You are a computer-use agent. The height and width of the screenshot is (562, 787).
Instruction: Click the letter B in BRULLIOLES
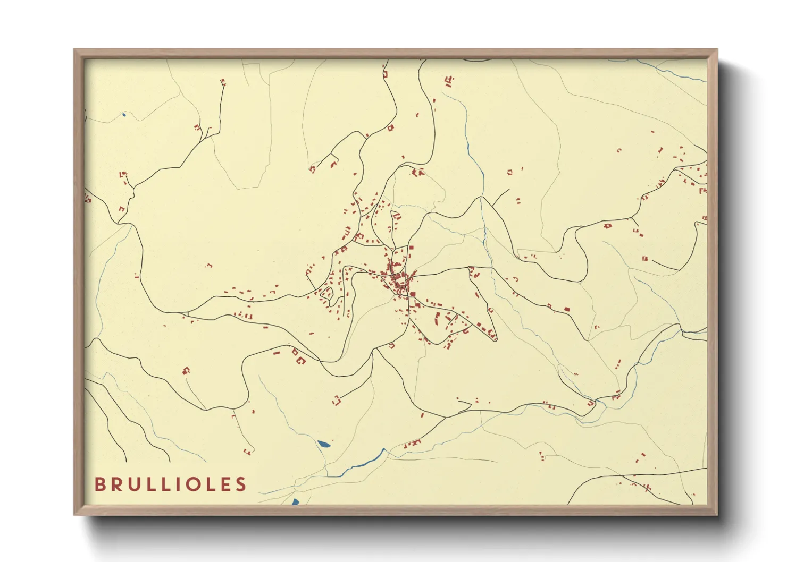tap(99, 484)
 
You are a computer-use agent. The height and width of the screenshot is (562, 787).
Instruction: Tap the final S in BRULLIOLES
tap(242, 484)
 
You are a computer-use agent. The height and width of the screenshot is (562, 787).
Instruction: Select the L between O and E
tap(213, 484)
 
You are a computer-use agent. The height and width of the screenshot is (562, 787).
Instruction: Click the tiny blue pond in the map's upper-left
tap(123, 114)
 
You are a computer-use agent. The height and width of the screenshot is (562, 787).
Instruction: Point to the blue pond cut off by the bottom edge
tap(295, 501)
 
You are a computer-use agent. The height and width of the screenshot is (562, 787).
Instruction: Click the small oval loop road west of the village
tap(326, 293)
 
